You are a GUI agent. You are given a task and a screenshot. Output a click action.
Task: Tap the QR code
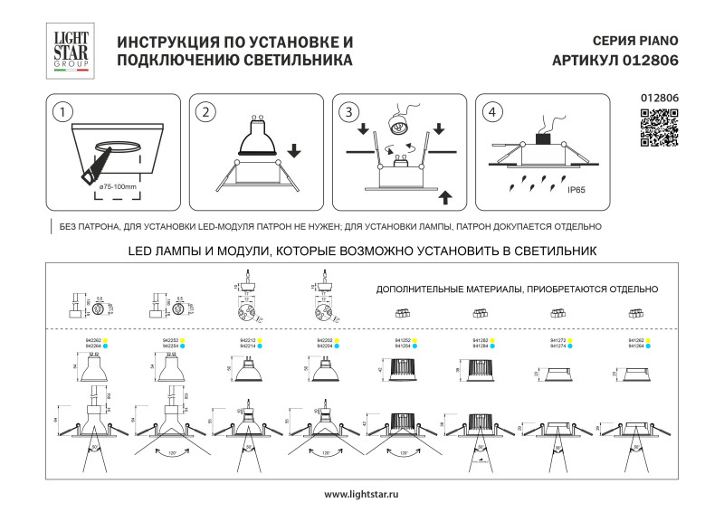pos(659,127)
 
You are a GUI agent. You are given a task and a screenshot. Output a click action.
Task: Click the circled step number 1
pos(62,113)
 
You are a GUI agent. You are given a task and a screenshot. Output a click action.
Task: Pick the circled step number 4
pos(491,113)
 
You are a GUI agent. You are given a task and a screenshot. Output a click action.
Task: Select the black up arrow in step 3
pos(443,196)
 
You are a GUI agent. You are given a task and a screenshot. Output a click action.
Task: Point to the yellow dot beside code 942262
pos(105,340)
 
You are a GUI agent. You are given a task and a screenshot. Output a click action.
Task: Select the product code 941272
pos(558,340)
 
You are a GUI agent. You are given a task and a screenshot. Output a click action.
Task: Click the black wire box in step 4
pos(543,138)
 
